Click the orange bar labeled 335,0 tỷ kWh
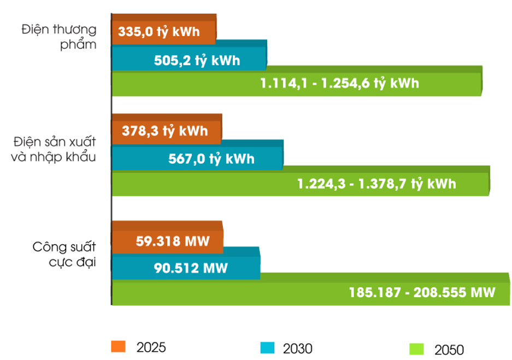164,33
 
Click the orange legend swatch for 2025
118,346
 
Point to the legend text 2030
298,348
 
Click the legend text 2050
449,349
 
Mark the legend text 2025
151,347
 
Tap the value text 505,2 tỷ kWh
197,60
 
